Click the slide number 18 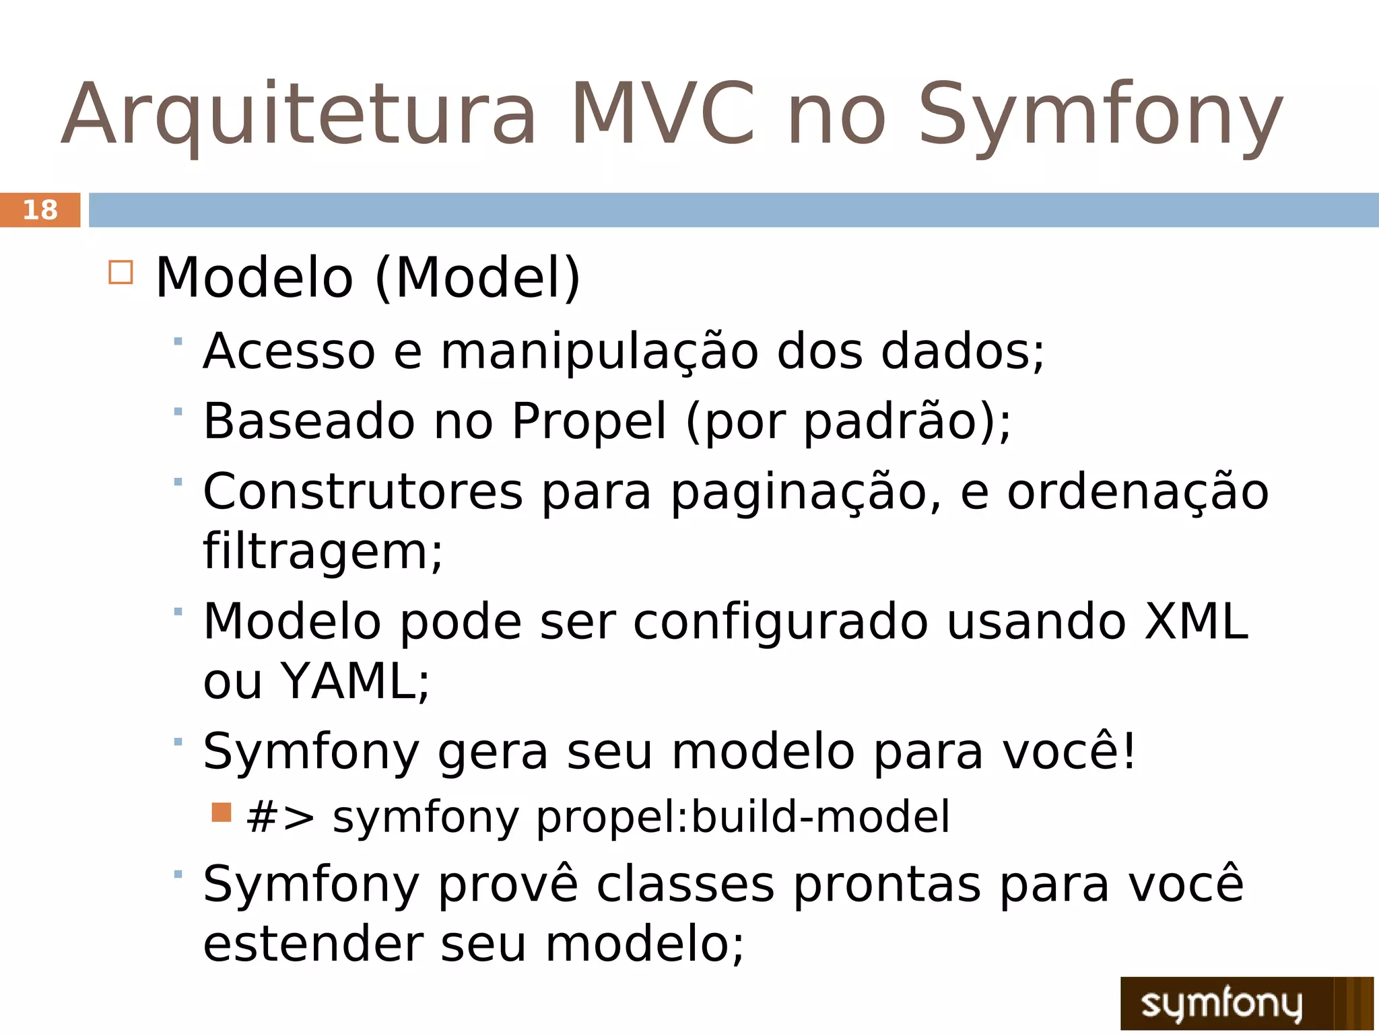[x=40, y=210]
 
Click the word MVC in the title [x=663, y=114]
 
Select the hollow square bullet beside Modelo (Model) [x=121, y=273]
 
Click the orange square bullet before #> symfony [x=221, y=813]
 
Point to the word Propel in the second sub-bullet [x=588, y=421]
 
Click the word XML [x=1197, y=621]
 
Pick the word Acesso [x=289, y=351]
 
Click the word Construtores [x=363, y=491]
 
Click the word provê [x=508, y=885]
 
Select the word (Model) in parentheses [x=477, y=277]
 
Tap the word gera [x=492, y=753]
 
